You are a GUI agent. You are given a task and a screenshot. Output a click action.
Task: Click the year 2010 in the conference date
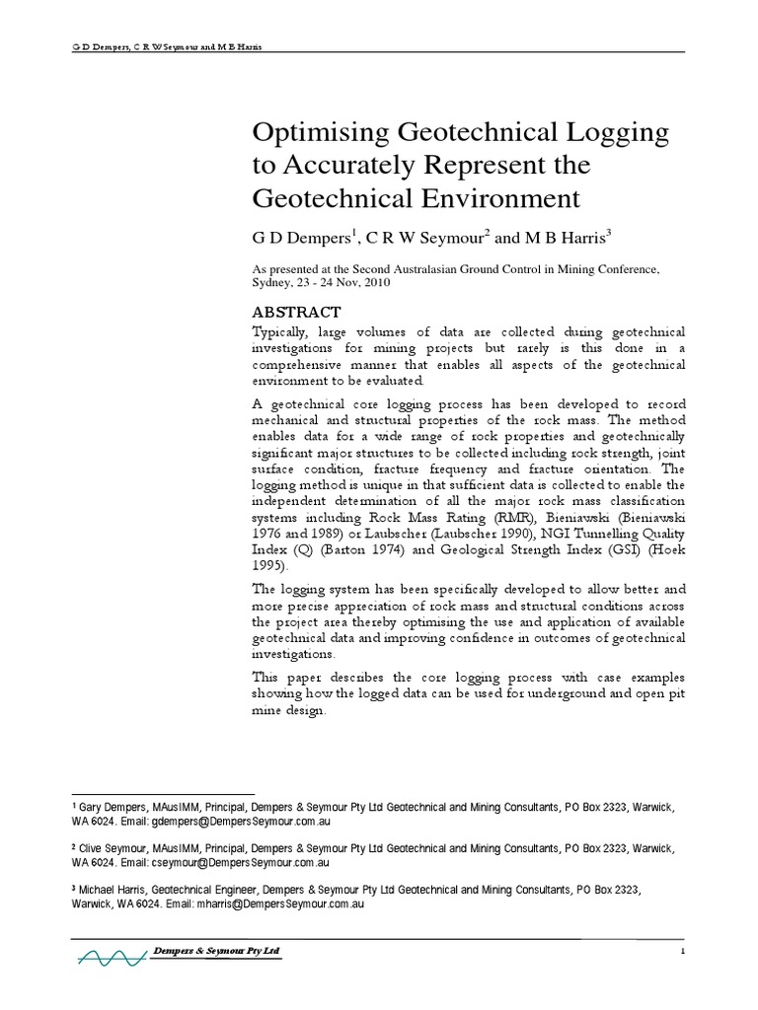tap(377, 282)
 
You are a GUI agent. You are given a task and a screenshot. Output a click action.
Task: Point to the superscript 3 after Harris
tap(611, 233)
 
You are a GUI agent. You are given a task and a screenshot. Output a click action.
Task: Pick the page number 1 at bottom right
tap(681, 951)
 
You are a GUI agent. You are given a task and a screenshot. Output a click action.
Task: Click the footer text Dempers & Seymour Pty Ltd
tap(217, 949)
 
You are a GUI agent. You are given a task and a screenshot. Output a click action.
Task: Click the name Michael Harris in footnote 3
tap(115, 890)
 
